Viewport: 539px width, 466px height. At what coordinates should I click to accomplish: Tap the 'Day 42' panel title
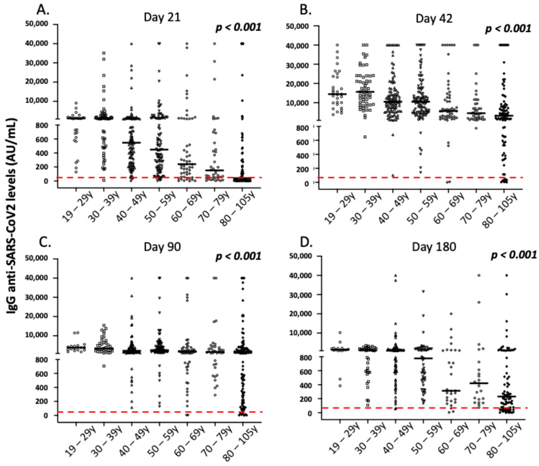(x=434, y=19)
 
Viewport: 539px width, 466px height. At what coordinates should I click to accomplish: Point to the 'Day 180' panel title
(x=434, y=247)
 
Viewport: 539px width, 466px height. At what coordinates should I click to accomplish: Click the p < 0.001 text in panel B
(x=508, y=29)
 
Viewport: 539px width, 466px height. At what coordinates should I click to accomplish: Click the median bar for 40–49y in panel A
(x=132, y=143)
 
